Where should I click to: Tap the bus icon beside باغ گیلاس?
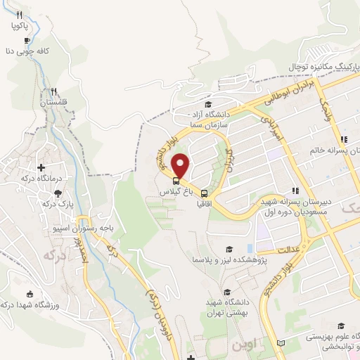[175, 179]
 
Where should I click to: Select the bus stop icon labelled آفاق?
[205, 193]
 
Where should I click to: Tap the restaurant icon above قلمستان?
[54, 91]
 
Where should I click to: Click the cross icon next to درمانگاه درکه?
[41, 167]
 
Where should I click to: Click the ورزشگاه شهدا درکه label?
[28, 304]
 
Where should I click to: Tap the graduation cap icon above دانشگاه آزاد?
[207, 104]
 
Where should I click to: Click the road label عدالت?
[288, 249]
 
